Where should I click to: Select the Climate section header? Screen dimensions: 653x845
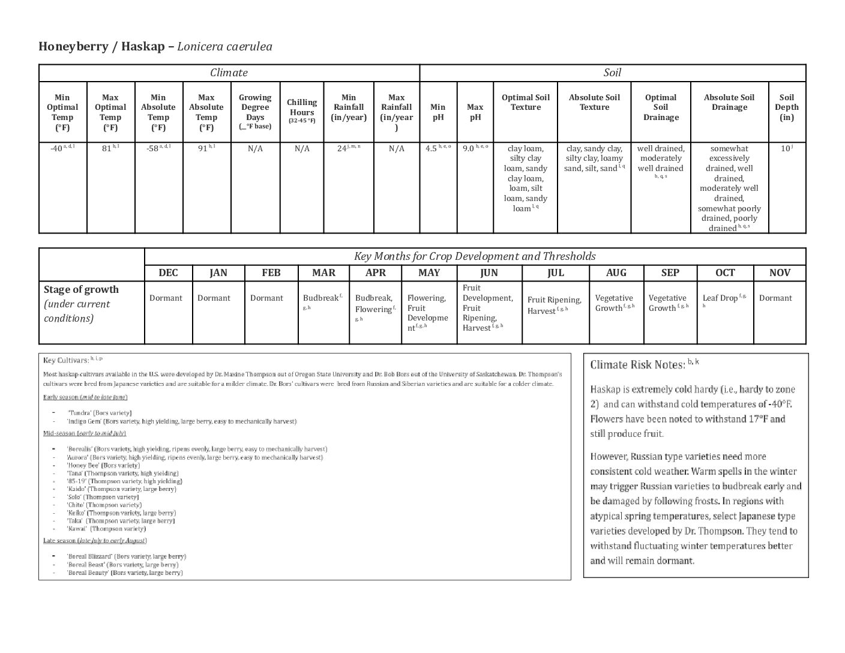[x=229, y=73]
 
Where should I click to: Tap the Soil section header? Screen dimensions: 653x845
[x=612, y=73]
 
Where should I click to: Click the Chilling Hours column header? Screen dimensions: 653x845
[x=302, y=111]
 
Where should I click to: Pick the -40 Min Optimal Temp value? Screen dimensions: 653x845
[x=57, y=149]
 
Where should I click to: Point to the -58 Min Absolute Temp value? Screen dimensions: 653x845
[x=153, y=149]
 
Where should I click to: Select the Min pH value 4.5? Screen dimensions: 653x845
[x=432, y=149]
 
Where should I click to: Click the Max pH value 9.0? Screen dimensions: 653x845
[x=469, y=149]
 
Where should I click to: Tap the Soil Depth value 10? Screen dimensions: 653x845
[x=785, y=148]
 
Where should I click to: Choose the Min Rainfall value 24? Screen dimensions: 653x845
[x=343, y=149]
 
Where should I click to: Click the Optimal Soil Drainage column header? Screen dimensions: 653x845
[x=661, y=107]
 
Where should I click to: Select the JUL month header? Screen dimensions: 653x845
[x=556, y=272]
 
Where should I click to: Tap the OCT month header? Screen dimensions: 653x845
[x=725, y=272]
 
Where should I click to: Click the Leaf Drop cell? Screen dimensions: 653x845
[x=720, y=298]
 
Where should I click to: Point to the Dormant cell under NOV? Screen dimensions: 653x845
[x=775, y=298]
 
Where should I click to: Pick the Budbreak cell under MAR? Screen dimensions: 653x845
[x=321, y=298]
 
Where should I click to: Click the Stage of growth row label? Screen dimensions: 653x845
[x=81, y=289]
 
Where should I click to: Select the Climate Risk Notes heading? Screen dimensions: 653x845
[x=637, y=364]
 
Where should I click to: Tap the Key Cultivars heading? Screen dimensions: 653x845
[x=66, y=360]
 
